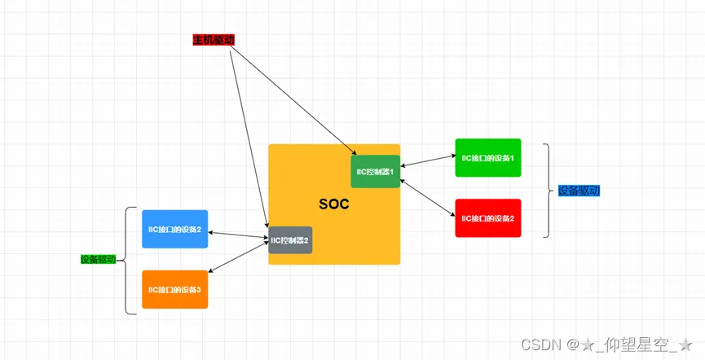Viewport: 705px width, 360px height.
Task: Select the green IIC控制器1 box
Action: tap(375, 171)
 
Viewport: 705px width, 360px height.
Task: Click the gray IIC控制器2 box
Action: tap(290, 240)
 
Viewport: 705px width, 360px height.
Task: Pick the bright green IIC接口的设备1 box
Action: tap(487, 158)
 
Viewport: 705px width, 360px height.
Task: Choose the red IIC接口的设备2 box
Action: tap(487, 218)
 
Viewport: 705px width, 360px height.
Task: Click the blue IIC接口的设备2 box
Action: tap(174, 229)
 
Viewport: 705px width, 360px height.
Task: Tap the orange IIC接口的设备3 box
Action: tap(174, 289)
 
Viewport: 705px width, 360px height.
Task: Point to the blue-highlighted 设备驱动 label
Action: tap(579, 191)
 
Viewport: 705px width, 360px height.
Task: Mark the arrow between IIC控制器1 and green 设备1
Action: tap(428, 160)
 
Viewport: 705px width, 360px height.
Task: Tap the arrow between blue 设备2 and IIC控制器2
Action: tap(238, 235)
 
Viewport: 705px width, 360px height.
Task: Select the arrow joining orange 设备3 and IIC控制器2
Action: tap(238, 261)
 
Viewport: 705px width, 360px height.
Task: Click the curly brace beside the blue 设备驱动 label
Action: tap(548, 191)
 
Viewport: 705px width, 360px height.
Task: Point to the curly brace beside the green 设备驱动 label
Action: tap(129, 260)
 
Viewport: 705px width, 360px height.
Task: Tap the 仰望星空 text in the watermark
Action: tap(635, 345)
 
